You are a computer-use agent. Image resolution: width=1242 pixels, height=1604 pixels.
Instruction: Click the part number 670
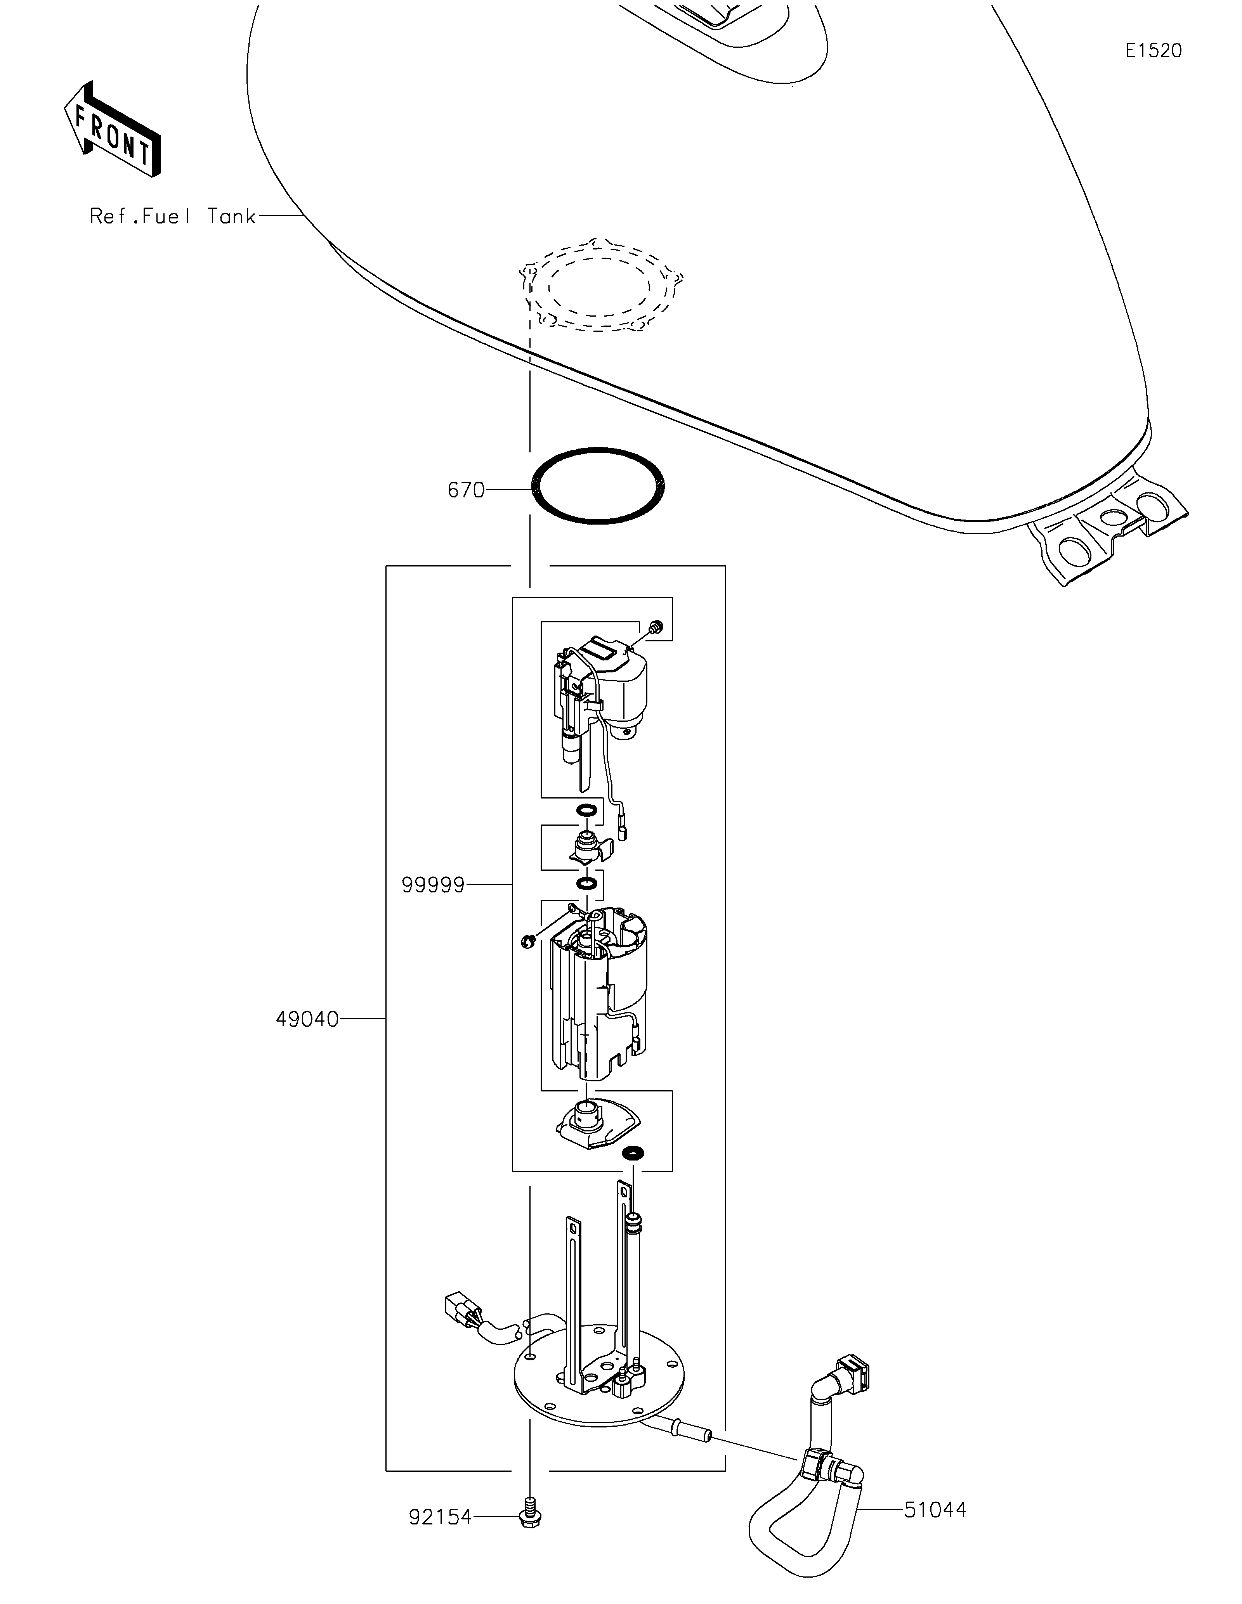467,490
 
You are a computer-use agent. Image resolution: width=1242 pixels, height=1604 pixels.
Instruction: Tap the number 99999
433,886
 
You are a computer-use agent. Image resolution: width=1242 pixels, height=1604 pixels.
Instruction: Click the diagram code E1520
1154,51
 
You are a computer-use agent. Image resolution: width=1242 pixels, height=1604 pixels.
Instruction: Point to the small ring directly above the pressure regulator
585,811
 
